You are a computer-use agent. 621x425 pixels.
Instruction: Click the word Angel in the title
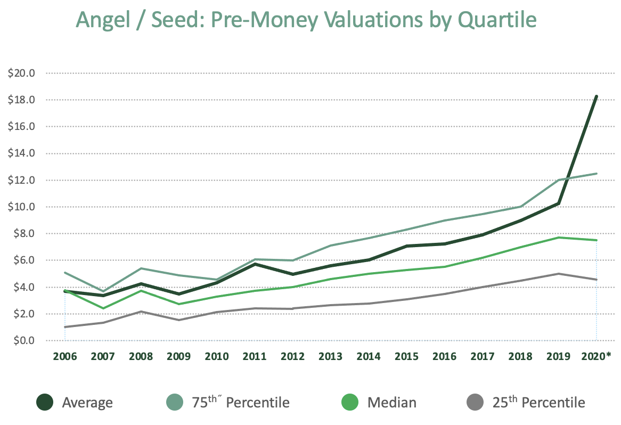pos(104,20)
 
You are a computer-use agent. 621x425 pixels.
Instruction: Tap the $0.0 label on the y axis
pos(23,340)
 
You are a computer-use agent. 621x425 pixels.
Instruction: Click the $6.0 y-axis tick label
pos(23,260)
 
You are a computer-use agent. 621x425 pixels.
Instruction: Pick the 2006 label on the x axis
pos(64,356)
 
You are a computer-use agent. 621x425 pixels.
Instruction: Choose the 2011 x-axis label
pos(254,356)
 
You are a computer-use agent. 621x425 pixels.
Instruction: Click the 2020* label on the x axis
pos(596,356)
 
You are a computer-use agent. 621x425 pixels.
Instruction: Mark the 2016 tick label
pos(444,356)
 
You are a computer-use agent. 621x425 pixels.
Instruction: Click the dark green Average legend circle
pos(46,402)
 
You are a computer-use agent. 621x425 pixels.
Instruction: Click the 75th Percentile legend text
pos(241,402)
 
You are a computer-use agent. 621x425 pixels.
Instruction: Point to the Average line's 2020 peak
pos(596,96)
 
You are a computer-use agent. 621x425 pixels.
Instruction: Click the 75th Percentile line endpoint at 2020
pos(596,174)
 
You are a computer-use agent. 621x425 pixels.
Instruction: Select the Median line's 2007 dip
pos(102,308)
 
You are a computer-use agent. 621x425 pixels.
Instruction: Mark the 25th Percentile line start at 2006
pos(64,327)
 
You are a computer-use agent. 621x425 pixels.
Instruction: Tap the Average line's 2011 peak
pos(254,264)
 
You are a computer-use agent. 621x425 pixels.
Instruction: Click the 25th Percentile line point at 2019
pos(558,274)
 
